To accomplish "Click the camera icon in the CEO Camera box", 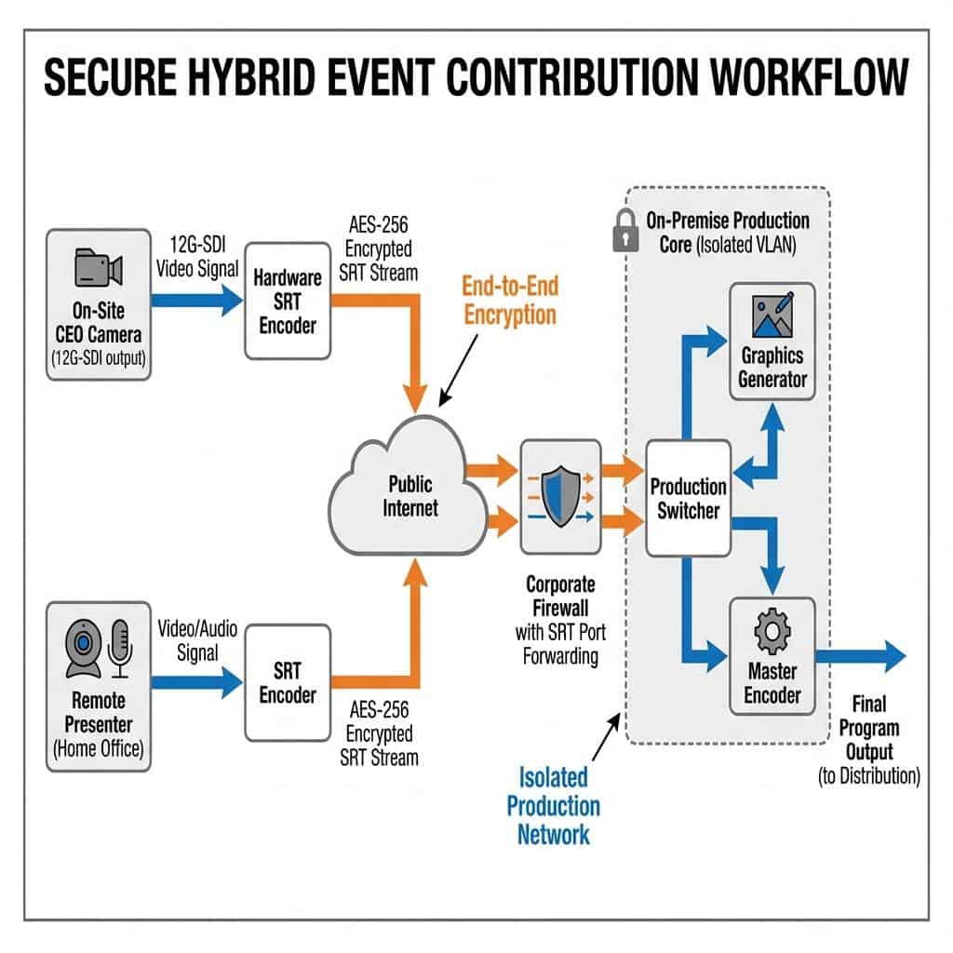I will click(x=98, y=268).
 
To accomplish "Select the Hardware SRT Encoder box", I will click(x=288, y=302).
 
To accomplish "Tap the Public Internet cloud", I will click(x=410, y=494).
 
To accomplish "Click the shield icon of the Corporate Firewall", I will click(x=561, y=498).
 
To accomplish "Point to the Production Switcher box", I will click(x=689, y=498).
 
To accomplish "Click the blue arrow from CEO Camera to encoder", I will click(x=195, y=300).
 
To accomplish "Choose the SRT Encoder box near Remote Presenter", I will click(x=288, y=683).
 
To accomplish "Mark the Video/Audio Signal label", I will click(x=196, y=640).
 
